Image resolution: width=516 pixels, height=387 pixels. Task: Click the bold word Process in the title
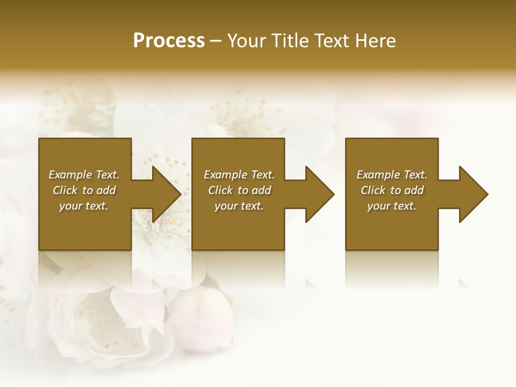(169, 41)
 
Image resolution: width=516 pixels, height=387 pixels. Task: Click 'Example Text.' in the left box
(84, 175)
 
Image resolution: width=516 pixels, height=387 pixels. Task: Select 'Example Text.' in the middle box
(239, 175)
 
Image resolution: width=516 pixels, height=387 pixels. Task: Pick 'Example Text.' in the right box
(392, 175)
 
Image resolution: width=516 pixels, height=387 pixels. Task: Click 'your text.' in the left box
(84, 206)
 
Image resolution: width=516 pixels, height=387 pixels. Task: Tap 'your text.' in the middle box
(239, 206)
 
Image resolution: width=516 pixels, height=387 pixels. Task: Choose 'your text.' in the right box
(392, 206)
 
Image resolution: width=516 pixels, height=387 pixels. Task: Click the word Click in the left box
(65, 190)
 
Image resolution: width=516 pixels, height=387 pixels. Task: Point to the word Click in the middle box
(220, 190)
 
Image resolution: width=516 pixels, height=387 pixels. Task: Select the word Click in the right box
(373, 190)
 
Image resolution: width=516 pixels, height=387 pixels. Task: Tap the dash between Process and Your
(216, 41)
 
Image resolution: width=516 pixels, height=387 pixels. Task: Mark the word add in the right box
(414, 190)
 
